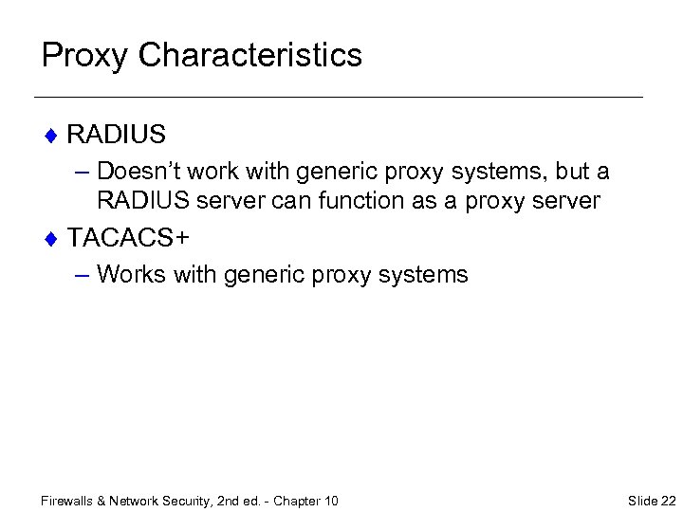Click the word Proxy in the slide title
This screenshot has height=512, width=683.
pyautogui.click(x=84, y=55)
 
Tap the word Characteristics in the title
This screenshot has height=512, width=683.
pyautogui.click(x=250, y=55)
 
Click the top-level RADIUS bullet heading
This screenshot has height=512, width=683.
pyautogui.click(x=117, y=135)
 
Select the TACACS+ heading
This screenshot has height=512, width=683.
pyautogui.click(x=128, y=237)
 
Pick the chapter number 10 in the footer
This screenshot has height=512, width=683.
pyautogui.click(x=330, y=501)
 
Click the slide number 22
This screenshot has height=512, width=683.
pyautogui.click(x=668, y=501)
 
